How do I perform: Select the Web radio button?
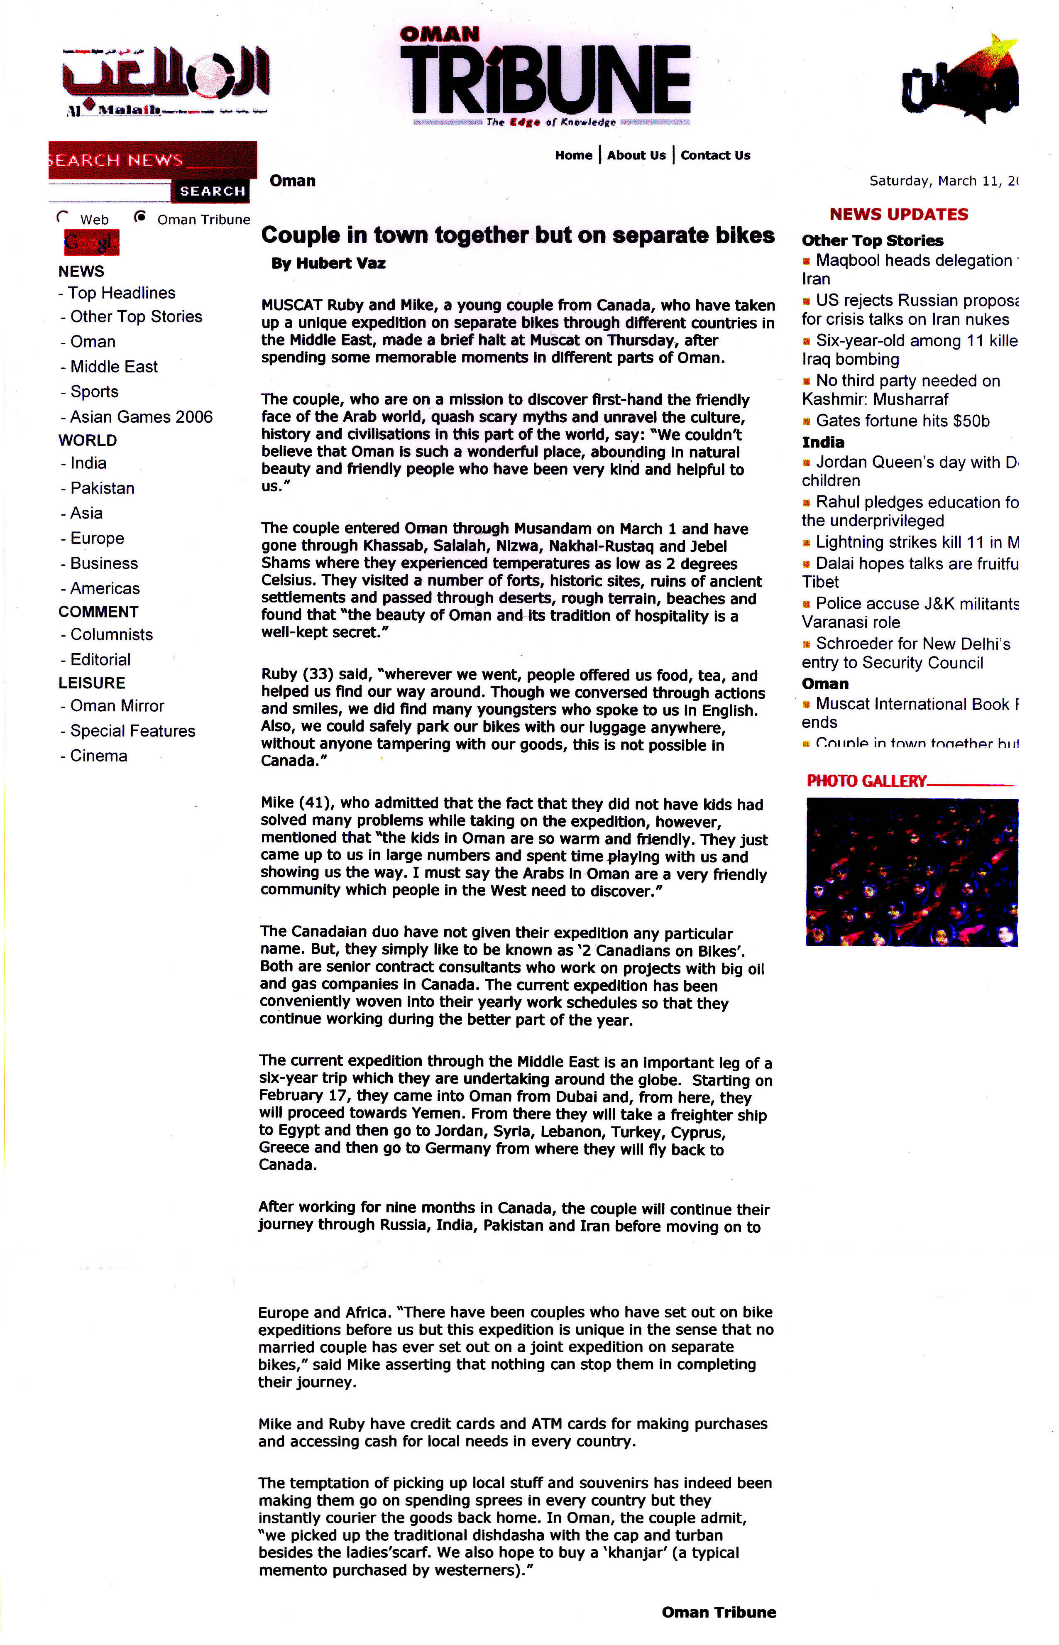(63, 217)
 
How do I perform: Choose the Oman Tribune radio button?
(140, 217)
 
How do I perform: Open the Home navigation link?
(574, 155)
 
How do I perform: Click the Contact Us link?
(715, 155)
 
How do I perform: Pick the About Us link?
(636, 155)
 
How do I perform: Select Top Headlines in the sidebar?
(121, 293)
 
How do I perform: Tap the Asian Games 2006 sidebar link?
(141, 417)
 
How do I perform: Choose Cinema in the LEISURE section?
(98, 756)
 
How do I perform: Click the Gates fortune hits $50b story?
(902, 421)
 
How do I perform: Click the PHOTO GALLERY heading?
(866, 781)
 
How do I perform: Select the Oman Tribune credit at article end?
(719, 1612)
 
